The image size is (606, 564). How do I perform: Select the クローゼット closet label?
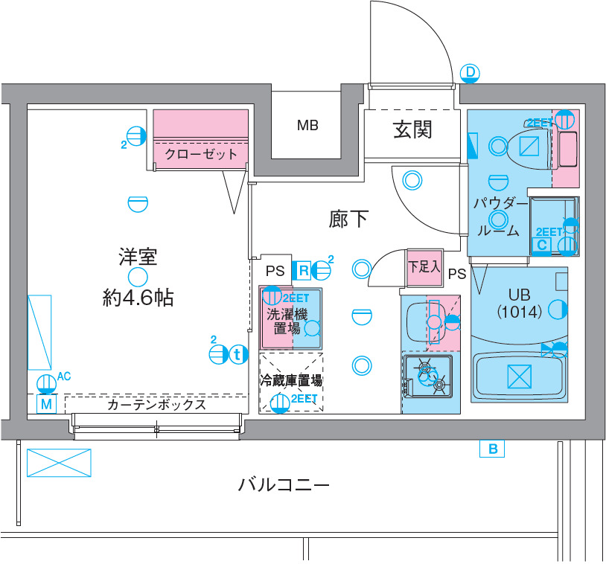200,155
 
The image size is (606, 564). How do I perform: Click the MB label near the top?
307,125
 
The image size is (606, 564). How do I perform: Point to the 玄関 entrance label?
412,131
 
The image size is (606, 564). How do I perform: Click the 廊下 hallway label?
349,219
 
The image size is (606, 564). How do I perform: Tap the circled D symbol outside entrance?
470,72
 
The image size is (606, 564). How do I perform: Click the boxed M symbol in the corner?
46,405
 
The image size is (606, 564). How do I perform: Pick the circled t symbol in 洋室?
237,355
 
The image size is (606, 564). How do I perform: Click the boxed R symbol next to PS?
304,269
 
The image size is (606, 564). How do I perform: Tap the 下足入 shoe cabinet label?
424,266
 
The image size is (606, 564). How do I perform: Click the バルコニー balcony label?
283,486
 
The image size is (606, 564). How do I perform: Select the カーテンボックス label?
156,406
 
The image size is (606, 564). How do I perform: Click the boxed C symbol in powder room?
542,244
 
